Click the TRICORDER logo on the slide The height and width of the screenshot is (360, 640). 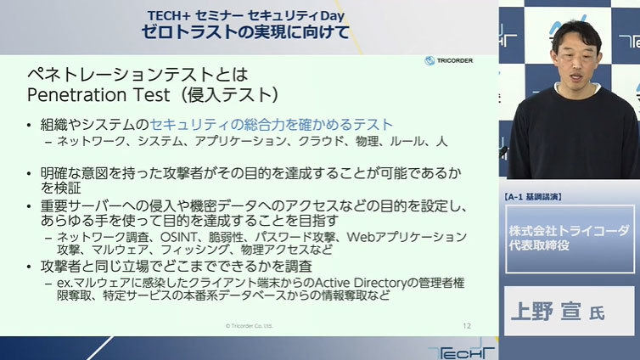coord(448,60)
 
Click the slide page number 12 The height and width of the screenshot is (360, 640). coord(467,326)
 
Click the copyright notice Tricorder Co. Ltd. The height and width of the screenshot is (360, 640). coord(249,326)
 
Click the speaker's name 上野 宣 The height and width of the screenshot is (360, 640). coord(547,312)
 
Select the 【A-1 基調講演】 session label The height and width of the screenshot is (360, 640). coord(533,197)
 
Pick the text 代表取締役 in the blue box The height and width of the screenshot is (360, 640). coord(538,245)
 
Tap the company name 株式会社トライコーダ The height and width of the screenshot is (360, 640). coord(569,231)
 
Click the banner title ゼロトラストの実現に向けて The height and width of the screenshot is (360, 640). coord(245,31)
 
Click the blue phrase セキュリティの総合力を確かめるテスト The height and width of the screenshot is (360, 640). coord(272,125)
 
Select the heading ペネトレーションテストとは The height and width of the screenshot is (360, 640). coord(138,75)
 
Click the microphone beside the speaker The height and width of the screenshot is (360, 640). coord(503,152)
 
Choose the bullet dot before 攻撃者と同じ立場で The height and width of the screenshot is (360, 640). coord(29,267)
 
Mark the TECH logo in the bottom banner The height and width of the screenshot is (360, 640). coord(462,350)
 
